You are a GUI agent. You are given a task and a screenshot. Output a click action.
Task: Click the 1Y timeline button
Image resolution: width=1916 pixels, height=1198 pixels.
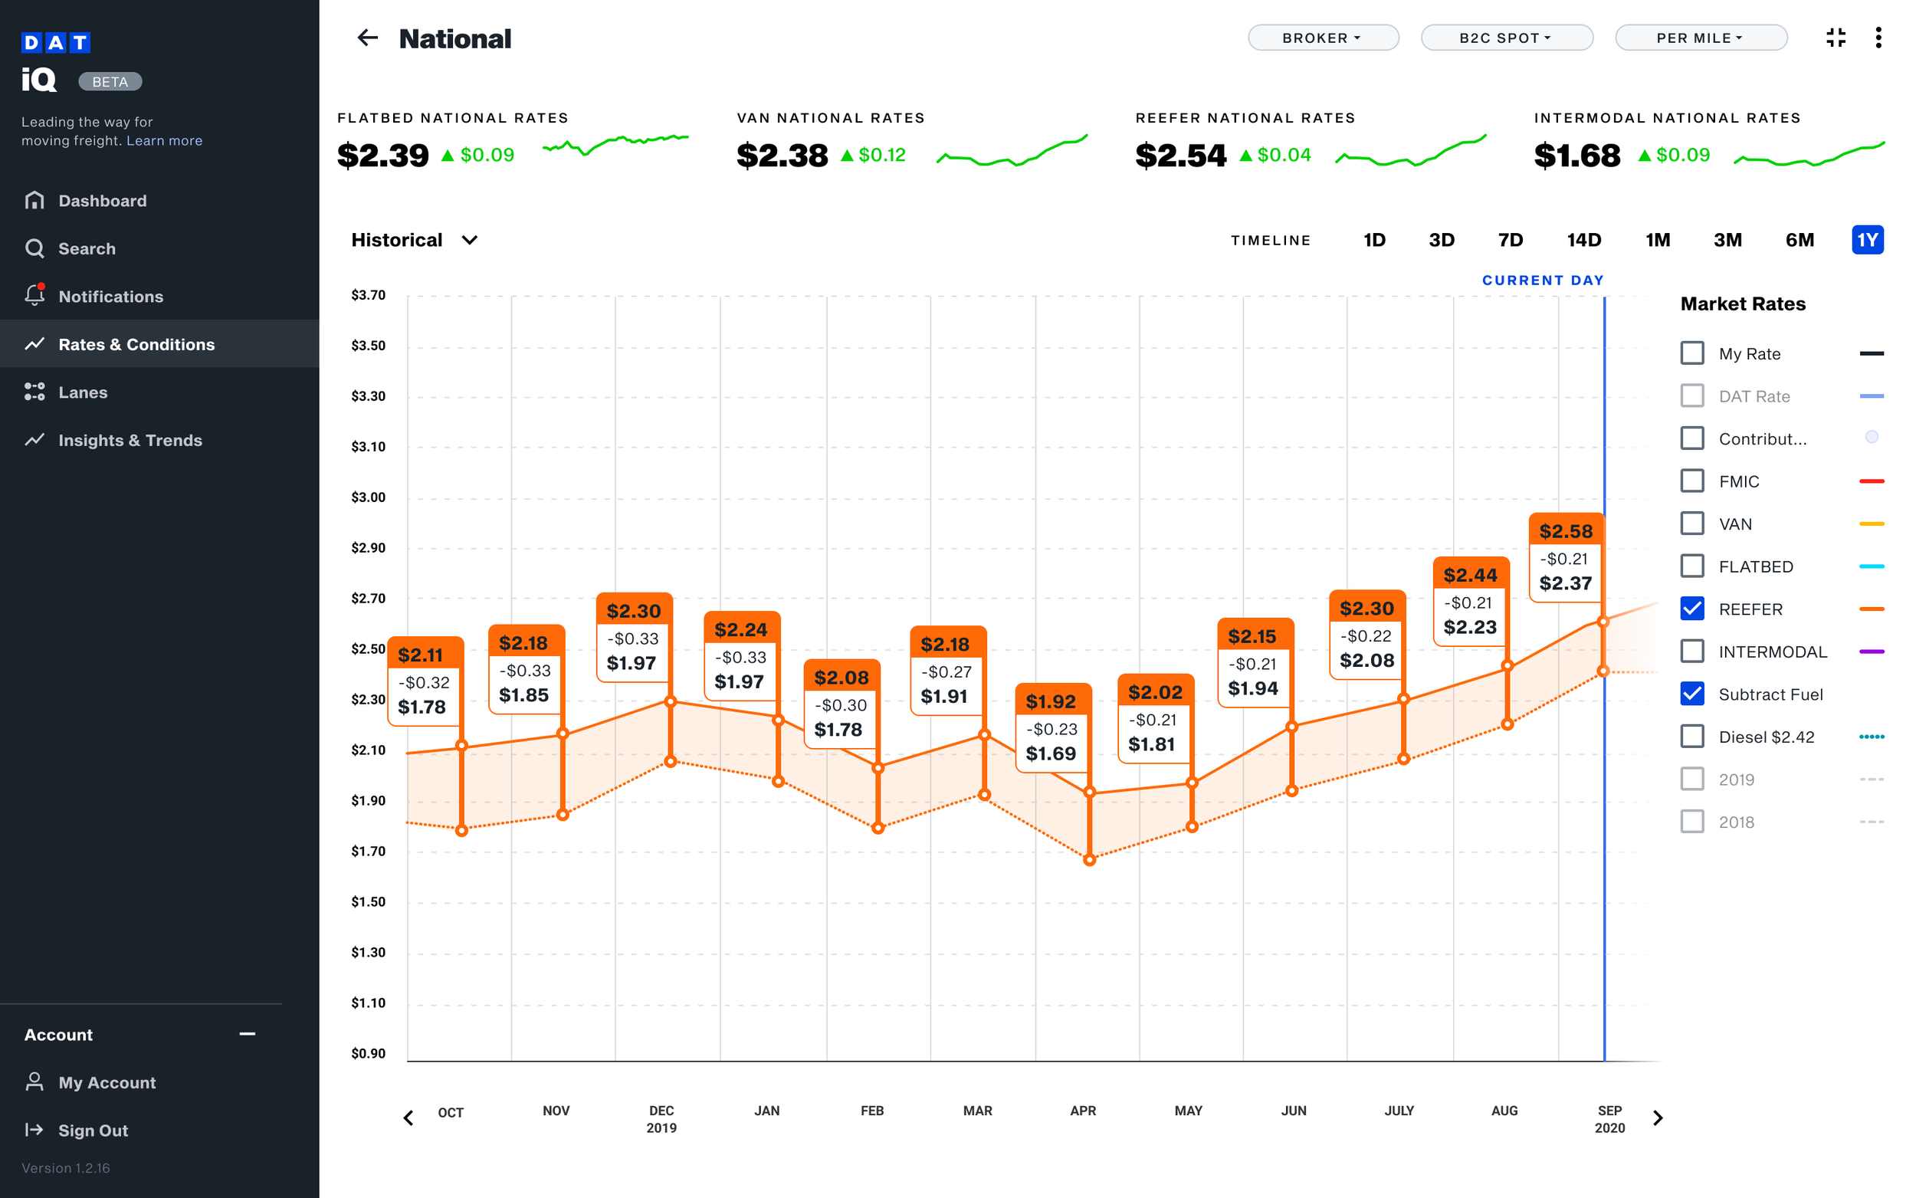1867,240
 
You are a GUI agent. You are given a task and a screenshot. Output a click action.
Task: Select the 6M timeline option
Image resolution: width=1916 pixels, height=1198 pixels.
1799,240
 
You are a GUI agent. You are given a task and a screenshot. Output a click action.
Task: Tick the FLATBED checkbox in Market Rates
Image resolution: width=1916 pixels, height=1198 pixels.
1692,566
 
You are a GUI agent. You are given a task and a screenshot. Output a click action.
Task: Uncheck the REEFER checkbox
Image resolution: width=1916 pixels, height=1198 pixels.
1692,609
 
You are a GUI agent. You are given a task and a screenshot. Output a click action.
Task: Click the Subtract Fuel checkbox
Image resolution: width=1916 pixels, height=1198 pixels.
1692,694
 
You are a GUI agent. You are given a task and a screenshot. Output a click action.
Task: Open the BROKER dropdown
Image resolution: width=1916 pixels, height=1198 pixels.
1322,38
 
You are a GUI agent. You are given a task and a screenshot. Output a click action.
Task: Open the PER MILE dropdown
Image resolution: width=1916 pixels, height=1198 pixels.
1700,38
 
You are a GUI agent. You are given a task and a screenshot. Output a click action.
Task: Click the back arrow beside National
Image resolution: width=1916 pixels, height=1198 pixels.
368,38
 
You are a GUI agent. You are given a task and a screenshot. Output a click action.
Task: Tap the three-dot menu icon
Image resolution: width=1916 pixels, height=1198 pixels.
1878,38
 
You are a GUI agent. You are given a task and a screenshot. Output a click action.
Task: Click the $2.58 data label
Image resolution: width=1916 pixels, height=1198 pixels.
1565,532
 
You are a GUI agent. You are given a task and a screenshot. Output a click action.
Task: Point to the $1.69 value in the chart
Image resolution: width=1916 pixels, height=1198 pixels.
1050,753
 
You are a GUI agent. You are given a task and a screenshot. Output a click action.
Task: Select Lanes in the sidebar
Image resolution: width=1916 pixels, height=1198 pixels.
82,392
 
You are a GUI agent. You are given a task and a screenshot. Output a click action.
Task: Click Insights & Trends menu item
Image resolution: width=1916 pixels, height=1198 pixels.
130,441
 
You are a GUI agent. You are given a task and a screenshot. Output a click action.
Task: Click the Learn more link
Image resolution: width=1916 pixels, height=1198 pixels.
164,141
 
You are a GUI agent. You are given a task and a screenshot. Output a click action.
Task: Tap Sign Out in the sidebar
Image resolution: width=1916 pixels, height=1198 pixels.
93,1131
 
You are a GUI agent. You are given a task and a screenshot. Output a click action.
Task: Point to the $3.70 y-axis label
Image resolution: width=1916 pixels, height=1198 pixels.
369,296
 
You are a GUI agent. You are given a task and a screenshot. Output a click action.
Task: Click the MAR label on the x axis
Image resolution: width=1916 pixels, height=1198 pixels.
977,1111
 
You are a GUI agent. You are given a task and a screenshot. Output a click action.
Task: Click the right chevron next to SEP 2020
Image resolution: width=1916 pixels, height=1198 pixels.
1658,1118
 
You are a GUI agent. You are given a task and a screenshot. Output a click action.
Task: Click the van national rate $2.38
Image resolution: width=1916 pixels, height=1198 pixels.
782,156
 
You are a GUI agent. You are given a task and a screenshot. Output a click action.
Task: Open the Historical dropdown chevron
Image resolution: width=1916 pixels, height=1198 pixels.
470,240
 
